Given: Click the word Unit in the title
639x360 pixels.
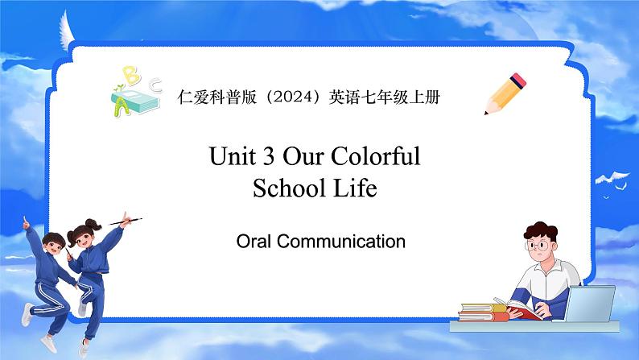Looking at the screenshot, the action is coord(233,156).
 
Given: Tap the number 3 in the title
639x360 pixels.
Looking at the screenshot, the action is coord(269,156).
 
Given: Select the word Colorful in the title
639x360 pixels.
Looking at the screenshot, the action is coord(375,155).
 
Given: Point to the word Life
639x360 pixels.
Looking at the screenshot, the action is coord(356,188).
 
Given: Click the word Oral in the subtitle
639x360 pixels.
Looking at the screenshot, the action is coord(254,241).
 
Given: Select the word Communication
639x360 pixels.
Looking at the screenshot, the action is coord(341,241).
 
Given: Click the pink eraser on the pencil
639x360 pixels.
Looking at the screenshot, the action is coord(518,81).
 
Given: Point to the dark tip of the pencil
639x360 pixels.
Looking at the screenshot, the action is coord(486,113).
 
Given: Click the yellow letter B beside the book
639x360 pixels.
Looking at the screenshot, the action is coord(132,76).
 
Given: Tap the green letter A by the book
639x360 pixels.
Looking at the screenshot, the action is coord(122,108).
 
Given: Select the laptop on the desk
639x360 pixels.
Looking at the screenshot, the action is coord(589,304).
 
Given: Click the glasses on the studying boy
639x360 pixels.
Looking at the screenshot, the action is coord(538,246).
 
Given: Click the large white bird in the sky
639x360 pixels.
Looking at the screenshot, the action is coord(612,178).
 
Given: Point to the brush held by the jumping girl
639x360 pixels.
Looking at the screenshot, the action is coord(126,221).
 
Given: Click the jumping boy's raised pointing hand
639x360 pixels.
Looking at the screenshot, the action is coord(26,222).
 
